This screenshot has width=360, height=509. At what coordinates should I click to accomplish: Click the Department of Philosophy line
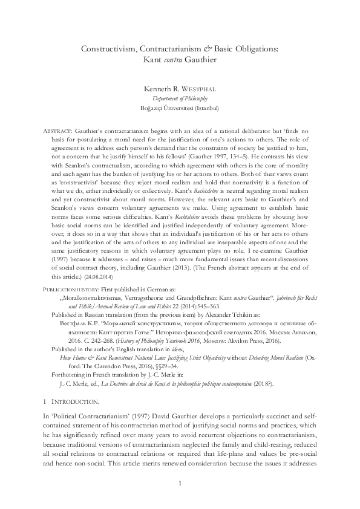coord(180,98)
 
